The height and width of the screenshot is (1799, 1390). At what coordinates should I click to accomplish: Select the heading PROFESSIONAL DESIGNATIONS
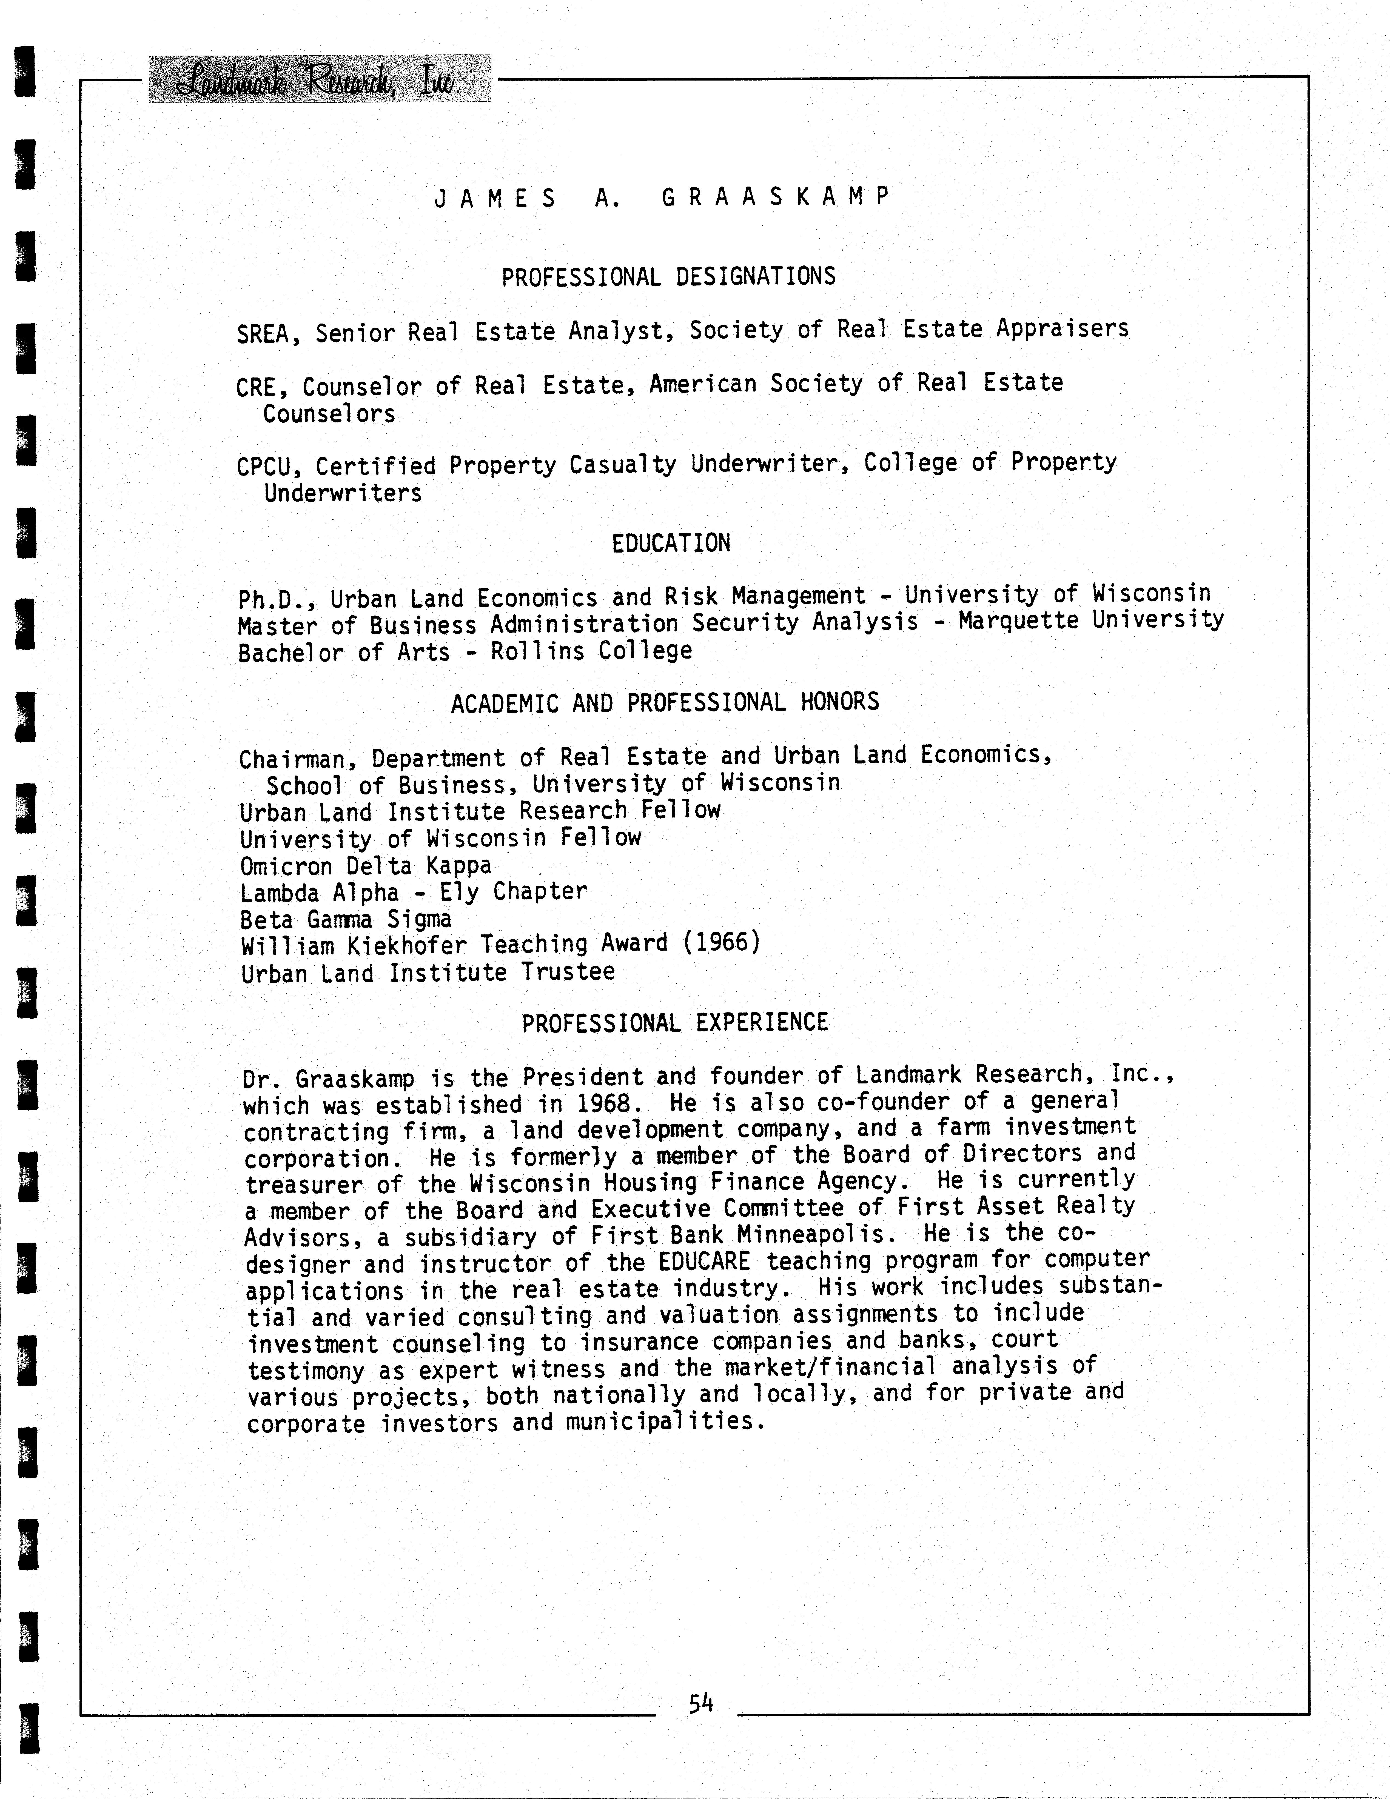668,277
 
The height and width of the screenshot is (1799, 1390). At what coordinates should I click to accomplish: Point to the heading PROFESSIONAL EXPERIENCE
675,1023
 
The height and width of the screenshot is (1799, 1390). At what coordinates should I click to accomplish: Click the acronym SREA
262,334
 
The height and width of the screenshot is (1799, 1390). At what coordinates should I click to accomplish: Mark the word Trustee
568,972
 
